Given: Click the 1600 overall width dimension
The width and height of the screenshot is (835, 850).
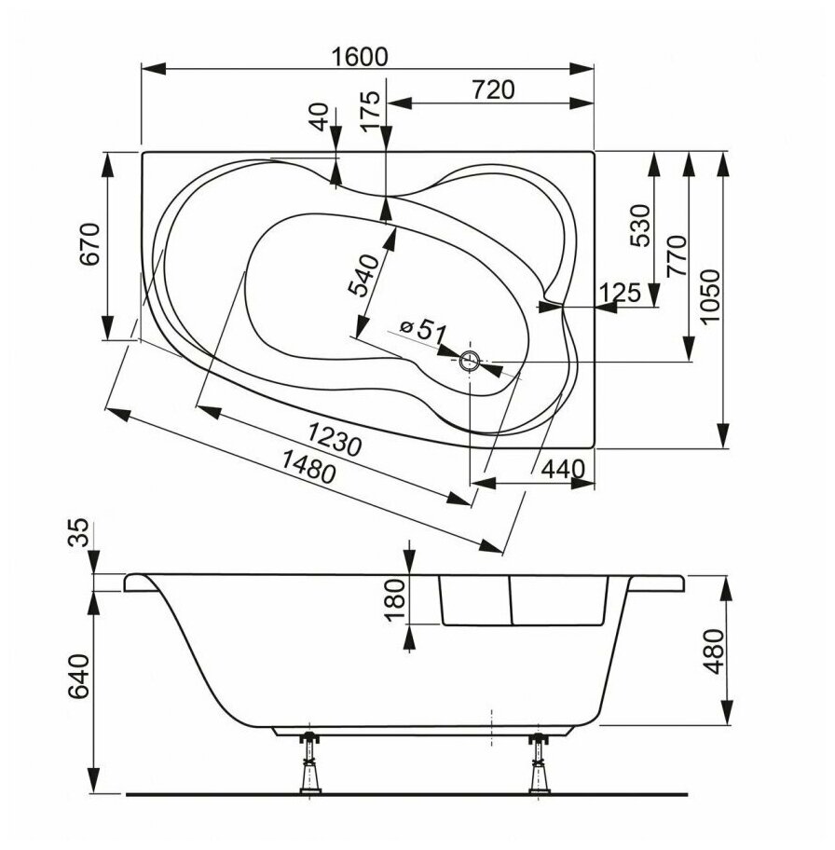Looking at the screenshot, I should pyautogui.click(x=359, y=56).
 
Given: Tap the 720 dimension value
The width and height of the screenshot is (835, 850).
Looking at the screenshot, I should pyautogui.click(x=493, y=89).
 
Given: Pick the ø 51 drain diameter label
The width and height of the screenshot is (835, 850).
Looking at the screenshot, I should pyautogui.click(x=424, y=329).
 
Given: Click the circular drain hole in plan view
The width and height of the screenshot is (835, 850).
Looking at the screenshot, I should pyautogui.click(x=470, y=361).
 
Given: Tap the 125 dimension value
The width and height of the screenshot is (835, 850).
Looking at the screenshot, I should pyautogui.click(x=621, y=294).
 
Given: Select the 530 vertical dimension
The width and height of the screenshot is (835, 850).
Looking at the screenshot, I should pyautogui.click(x=639, y=226).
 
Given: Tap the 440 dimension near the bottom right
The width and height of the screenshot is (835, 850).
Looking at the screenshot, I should pyautogui.click(x=565, y=468).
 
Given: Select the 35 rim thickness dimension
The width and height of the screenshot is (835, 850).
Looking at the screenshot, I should pyautogui.click(x=82, y=535).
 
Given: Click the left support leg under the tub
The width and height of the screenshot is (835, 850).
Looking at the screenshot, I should pyautogui.click(x=306, y=763).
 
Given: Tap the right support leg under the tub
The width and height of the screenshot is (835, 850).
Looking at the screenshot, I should pyautogui.click(x=539, y=763).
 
